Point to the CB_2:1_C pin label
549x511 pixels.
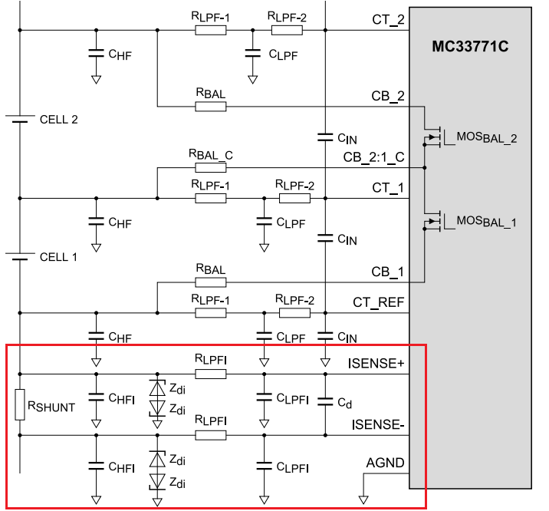373,157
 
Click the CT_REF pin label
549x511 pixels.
378,303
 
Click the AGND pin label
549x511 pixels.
385,464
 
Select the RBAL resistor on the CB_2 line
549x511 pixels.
210,106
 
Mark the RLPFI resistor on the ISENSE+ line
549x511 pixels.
210,374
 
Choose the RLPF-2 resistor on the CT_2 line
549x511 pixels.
287,31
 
